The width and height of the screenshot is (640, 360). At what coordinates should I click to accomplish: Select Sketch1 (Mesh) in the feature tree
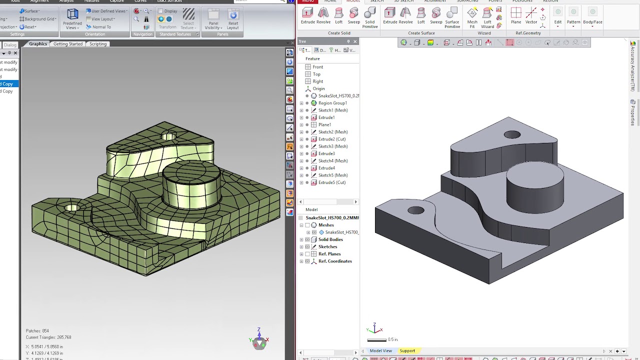(332, 110)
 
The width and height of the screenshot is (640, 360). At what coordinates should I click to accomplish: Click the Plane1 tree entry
(324, 125)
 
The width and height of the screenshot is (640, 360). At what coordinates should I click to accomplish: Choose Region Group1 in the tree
(332, 103)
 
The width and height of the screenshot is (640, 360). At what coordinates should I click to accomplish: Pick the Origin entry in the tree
(318, 89)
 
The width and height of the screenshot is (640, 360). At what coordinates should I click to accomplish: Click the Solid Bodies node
(330, 239)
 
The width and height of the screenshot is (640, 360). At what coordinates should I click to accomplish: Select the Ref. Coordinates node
(335, 261)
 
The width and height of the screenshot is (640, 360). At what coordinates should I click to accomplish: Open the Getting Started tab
(68, 44)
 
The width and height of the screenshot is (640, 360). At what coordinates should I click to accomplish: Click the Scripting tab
(98, 44)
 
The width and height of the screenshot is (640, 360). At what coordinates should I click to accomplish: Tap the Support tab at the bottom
(407, 351)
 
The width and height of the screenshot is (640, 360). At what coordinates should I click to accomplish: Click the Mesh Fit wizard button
(472, 17)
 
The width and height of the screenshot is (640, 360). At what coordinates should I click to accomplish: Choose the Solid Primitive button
(370, 17)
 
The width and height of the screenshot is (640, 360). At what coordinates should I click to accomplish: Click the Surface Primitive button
(452, 17)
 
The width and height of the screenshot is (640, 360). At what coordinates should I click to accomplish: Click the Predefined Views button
(72, 19)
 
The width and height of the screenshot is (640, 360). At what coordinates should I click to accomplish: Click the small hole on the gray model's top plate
(512, 134)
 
